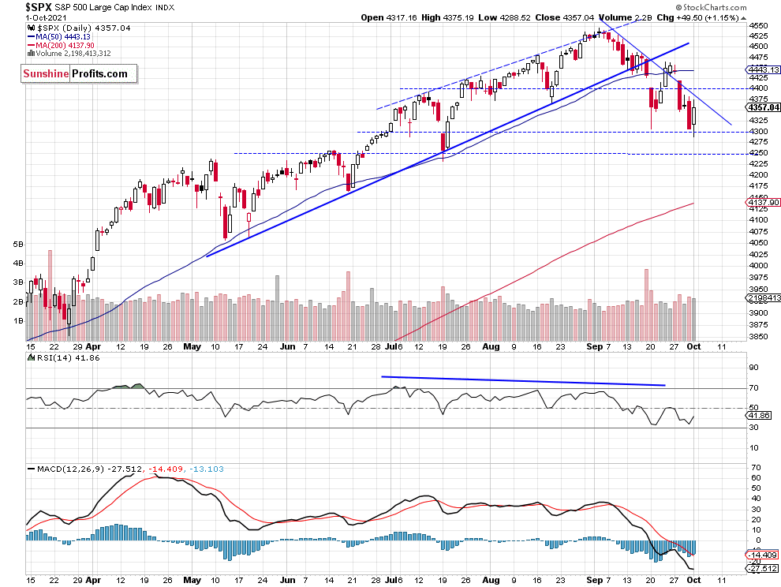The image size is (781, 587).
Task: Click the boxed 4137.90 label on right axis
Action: click(760, 203)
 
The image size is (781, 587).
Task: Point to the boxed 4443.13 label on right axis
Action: click(760, 69)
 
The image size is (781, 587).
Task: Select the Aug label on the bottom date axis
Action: click(490, 346)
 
